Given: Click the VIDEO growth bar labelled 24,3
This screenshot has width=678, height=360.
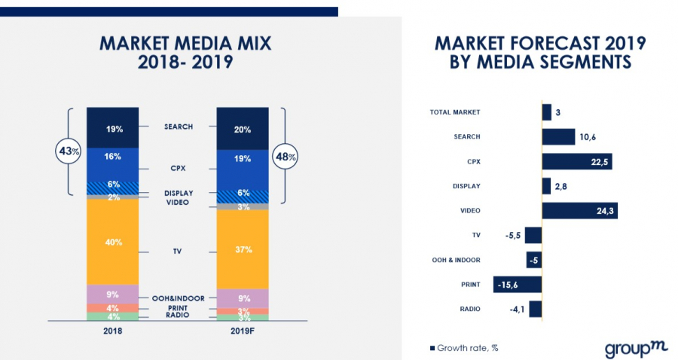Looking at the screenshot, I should (x=579, y=210).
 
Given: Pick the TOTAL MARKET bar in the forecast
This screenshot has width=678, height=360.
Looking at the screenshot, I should (x=546, y=112).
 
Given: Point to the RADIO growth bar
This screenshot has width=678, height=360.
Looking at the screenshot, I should (x=535, y=308).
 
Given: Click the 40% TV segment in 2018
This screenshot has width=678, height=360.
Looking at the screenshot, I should (x=113, y=242).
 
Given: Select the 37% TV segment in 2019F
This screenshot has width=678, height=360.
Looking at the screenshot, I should (x=243, y=249).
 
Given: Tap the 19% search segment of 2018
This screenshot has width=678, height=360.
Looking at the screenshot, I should (x=113, y=128).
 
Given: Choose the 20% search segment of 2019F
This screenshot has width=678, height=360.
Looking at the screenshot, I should (x=243, y=129).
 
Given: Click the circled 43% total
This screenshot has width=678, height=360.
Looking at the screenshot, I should (x=69, y=151).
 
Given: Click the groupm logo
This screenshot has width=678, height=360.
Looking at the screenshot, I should (x=631, y=349).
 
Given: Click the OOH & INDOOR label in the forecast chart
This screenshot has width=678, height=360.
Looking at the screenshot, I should (x=457, y=259).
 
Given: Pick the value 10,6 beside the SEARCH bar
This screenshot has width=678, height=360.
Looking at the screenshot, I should (x=588, y=137).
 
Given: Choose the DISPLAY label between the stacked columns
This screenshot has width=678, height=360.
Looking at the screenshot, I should (x=179, y=194).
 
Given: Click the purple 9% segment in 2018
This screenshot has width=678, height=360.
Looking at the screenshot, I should (x=113, y=294).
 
